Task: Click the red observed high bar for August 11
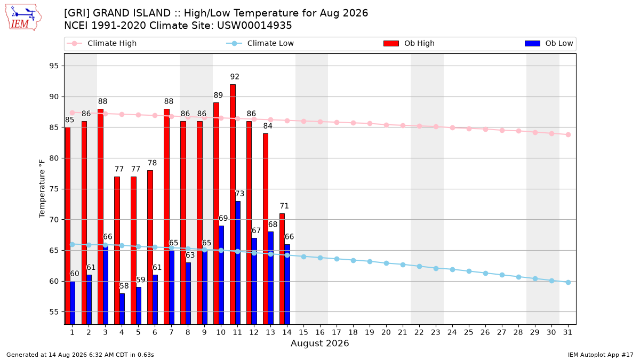(x=233, y=204)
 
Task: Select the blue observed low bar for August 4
(x=122, y=309)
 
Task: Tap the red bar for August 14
(x=282, y=269)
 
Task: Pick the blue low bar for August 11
(x=238, y=263)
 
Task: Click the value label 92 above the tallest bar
(x=235, y=77)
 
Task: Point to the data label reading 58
(x=124, y=286)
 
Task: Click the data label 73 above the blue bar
(x=239, y=194)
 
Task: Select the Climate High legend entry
(x=101, y=43)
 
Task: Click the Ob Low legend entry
(x=549, y=43)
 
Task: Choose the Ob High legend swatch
(x=391, y=43)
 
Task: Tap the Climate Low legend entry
(x=260, y=43)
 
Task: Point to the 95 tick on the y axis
(x=54, y=66)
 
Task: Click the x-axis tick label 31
(x=567, y=332)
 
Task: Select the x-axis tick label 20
(x=386, y=332)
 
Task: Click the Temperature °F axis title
(x=42, y=189)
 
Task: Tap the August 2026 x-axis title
(x=320, y=343)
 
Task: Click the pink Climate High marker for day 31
(x=568, y=134)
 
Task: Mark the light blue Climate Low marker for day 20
(x=386, y=263)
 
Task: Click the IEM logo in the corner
(x=23, y=17)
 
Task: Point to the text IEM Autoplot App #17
(x=601, y=355)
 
